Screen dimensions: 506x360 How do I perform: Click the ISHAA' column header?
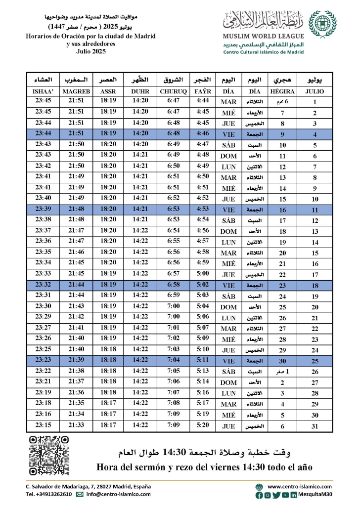click(44, 91)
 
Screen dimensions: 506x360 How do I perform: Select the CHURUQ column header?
click(173, 91)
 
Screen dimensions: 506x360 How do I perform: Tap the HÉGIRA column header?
click(282, 91)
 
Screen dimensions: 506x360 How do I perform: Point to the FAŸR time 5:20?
click(203, 425)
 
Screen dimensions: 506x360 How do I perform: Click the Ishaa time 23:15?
click(44, 425)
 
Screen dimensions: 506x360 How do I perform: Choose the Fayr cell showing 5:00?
click(203, 274)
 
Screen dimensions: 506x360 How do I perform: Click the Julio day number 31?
click(315, 426)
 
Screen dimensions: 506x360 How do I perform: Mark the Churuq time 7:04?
click(173, 360)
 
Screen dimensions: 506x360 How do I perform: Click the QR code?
click(48, 455)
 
